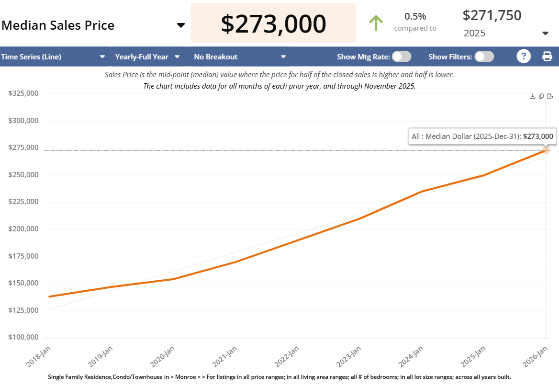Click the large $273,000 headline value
pos(273,23)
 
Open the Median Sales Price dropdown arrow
pos(181,25)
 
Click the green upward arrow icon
pos(376,23)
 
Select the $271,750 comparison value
pos(492,15)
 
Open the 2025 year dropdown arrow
pos(545,33)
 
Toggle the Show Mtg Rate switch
pos(401,57)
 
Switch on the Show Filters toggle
pos(484,57)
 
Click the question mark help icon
pos(524,57)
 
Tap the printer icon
pos(547,57)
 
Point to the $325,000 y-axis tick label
pos(23,93)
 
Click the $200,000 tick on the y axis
pos(23,229)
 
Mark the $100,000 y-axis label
pos(23,337)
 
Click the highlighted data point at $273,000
pos(546,150)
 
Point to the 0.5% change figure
pos(415,16)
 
